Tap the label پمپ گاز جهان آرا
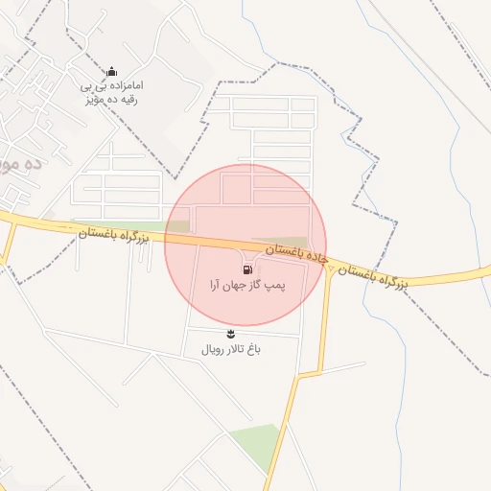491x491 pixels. pyautogui.click(x=248, y=286)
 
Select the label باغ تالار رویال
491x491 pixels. pyautogui.click(x=230, y=349)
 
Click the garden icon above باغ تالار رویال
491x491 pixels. pyautogui.click(x=230, y=333)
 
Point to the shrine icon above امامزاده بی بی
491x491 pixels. pyautogui.click(x=111, y=70)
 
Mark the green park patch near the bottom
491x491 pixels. pyautogui.click(x=255, y=443)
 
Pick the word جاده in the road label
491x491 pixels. pyautogui.click(x=316, y=257)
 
